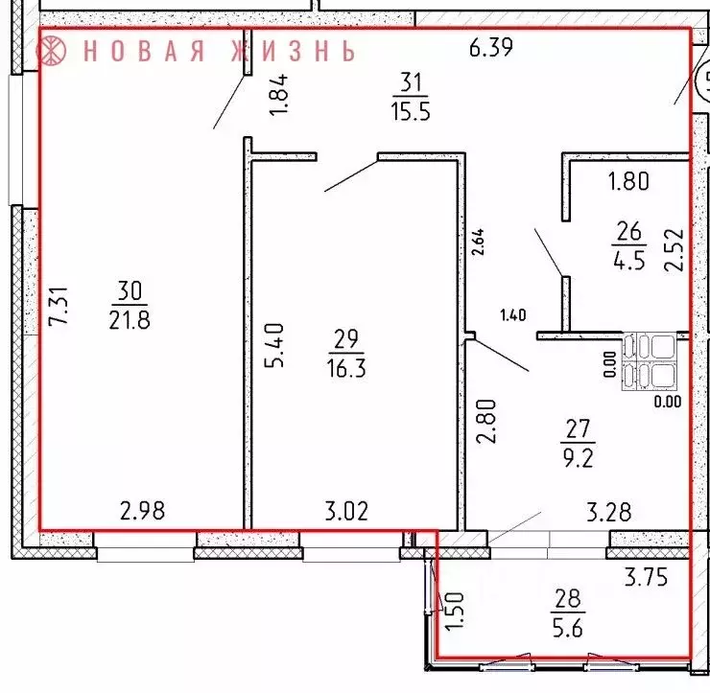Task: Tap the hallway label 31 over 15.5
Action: pyautogui.click(x=410, y=97)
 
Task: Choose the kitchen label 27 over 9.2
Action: pyautogui.click(x=581, y=443)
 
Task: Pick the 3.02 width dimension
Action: pyautogui.click(x=345, y=510)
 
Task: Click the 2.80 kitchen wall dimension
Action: pyautogui.click(x=485, y=423)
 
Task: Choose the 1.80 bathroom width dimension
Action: pyautogui.click(x=629, y=178)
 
